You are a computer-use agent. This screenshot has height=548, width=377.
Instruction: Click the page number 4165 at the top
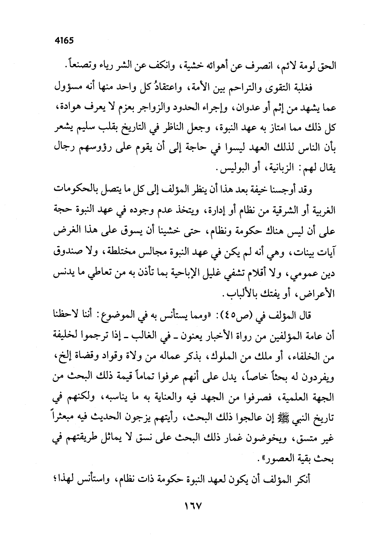pyautogui.click(x=63, y=41)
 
